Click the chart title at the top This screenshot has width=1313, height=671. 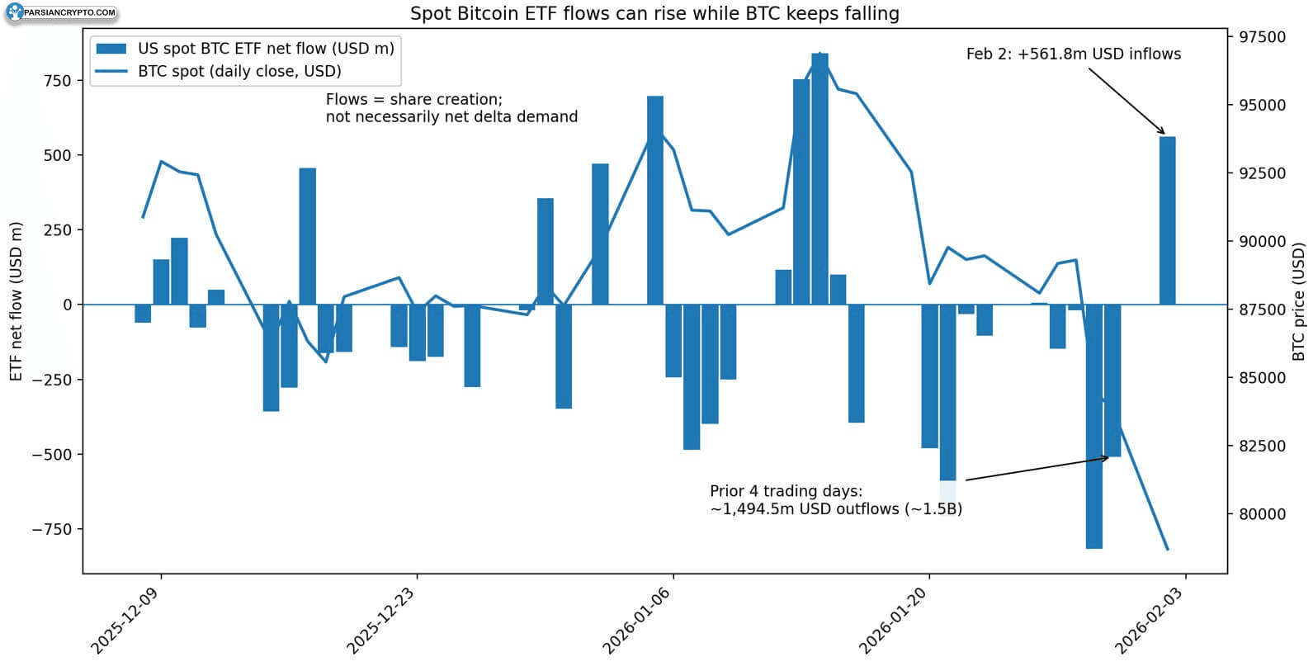coord(654,13)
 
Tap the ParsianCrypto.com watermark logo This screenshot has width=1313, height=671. coord(62,12)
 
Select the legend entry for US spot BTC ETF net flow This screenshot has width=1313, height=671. coord(245,48)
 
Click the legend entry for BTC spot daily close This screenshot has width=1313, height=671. coord(218,71)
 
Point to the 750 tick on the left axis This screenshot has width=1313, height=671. coord(58,81)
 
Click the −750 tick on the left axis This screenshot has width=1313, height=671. coord(52,529)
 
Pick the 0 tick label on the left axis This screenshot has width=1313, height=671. coord(68,305)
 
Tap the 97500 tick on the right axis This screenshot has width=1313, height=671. coord(1262,37)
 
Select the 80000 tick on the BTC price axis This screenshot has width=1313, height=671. coord(1262,514)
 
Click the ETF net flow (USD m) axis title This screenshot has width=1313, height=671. coord(16,301)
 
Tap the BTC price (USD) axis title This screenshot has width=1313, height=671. coord(1300,301)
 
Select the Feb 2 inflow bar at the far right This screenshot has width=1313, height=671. coord(1167,220)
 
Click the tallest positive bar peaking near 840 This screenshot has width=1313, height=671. coord(819,179)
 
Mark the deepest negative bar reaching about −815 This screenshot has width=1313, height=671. coord(1093,427)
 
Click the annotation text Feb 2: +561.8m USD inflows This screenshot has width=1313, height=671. coord(1074,54)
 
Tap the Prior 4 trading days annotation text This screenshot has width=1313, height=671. coord(836,499)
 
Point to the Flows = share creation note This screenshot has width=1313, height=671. coord(451,108)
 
